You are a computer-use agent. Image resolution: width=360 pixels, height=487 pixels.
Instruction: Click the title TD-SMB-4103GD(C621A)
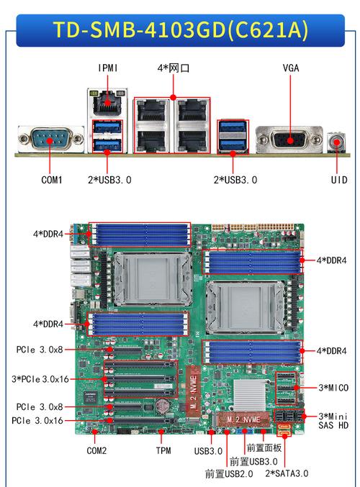pyautogui.click(x=181, y=30)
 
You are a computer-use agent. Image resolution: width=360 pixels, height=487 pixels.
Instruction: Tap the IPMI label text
pyautogui.click(x=107, y=68)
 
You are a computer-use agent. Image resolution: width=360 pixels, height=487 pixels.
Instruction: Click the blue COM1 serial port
pyautogui.click(x=50, y=140)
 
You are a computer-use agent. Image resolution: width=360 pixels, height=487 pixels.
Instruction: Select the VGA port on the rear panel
pyautogui.click(x=289, y=140)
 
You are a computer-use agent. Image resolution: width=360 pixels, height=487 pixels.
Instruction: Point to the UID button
pyautogui.click(x=337, y=142)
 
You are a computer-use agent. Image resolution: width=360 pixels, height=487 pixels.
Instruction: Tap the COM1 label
pyautogui.click(x=52, y=180)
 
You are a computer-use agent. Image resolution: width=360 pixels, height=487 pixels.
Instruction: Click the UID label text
pyautogui.click(x=339, y=180)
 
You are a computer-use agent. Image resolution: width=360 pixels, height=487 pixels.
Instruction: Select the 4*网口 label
pyautogui.click(x=174, y=68)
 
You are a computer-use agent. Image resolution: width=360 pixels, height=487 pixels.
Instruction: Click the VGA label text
pyautogui.click(x=291, y=68)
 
